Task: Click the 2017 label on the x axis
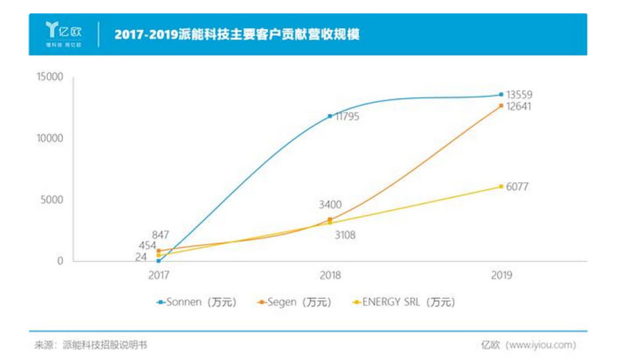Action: coord(159,275)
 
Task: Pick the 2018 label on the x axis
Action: coord(330,275)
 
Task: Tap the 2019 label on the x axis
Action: coord(501,275)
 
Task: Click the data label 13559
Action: coord(520,95)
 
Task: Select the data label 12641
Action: coord(520,107)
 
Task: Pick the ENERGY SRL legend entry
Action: coord(405,301)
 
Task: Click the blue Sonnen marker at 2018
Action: coord(330,116)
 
